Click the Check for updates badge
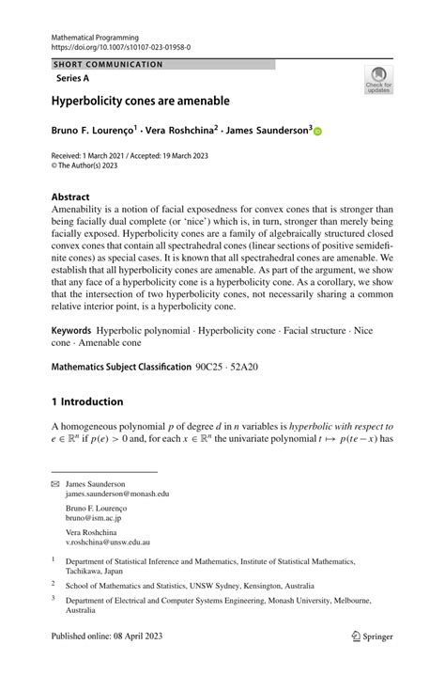pos(378,80)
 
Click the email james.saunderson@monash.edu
pos(117,494)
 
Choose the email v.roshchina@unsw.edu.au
pos(108,542)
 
